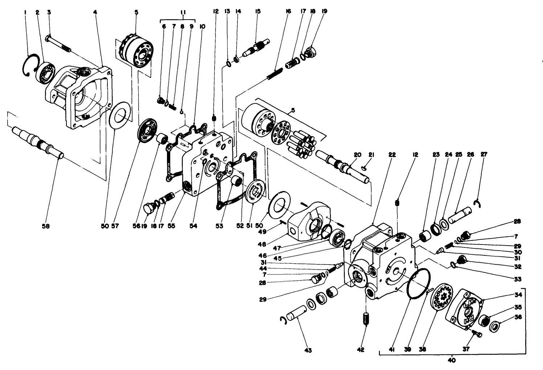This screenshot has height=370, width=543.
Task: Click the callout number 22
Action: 392,155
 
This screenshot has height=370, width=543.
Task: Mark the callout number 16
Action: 289,12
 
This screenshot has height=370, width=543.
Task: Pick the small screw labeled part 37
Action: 477,334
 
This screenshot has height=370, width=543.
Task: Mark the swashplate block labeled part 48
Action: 309,221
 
